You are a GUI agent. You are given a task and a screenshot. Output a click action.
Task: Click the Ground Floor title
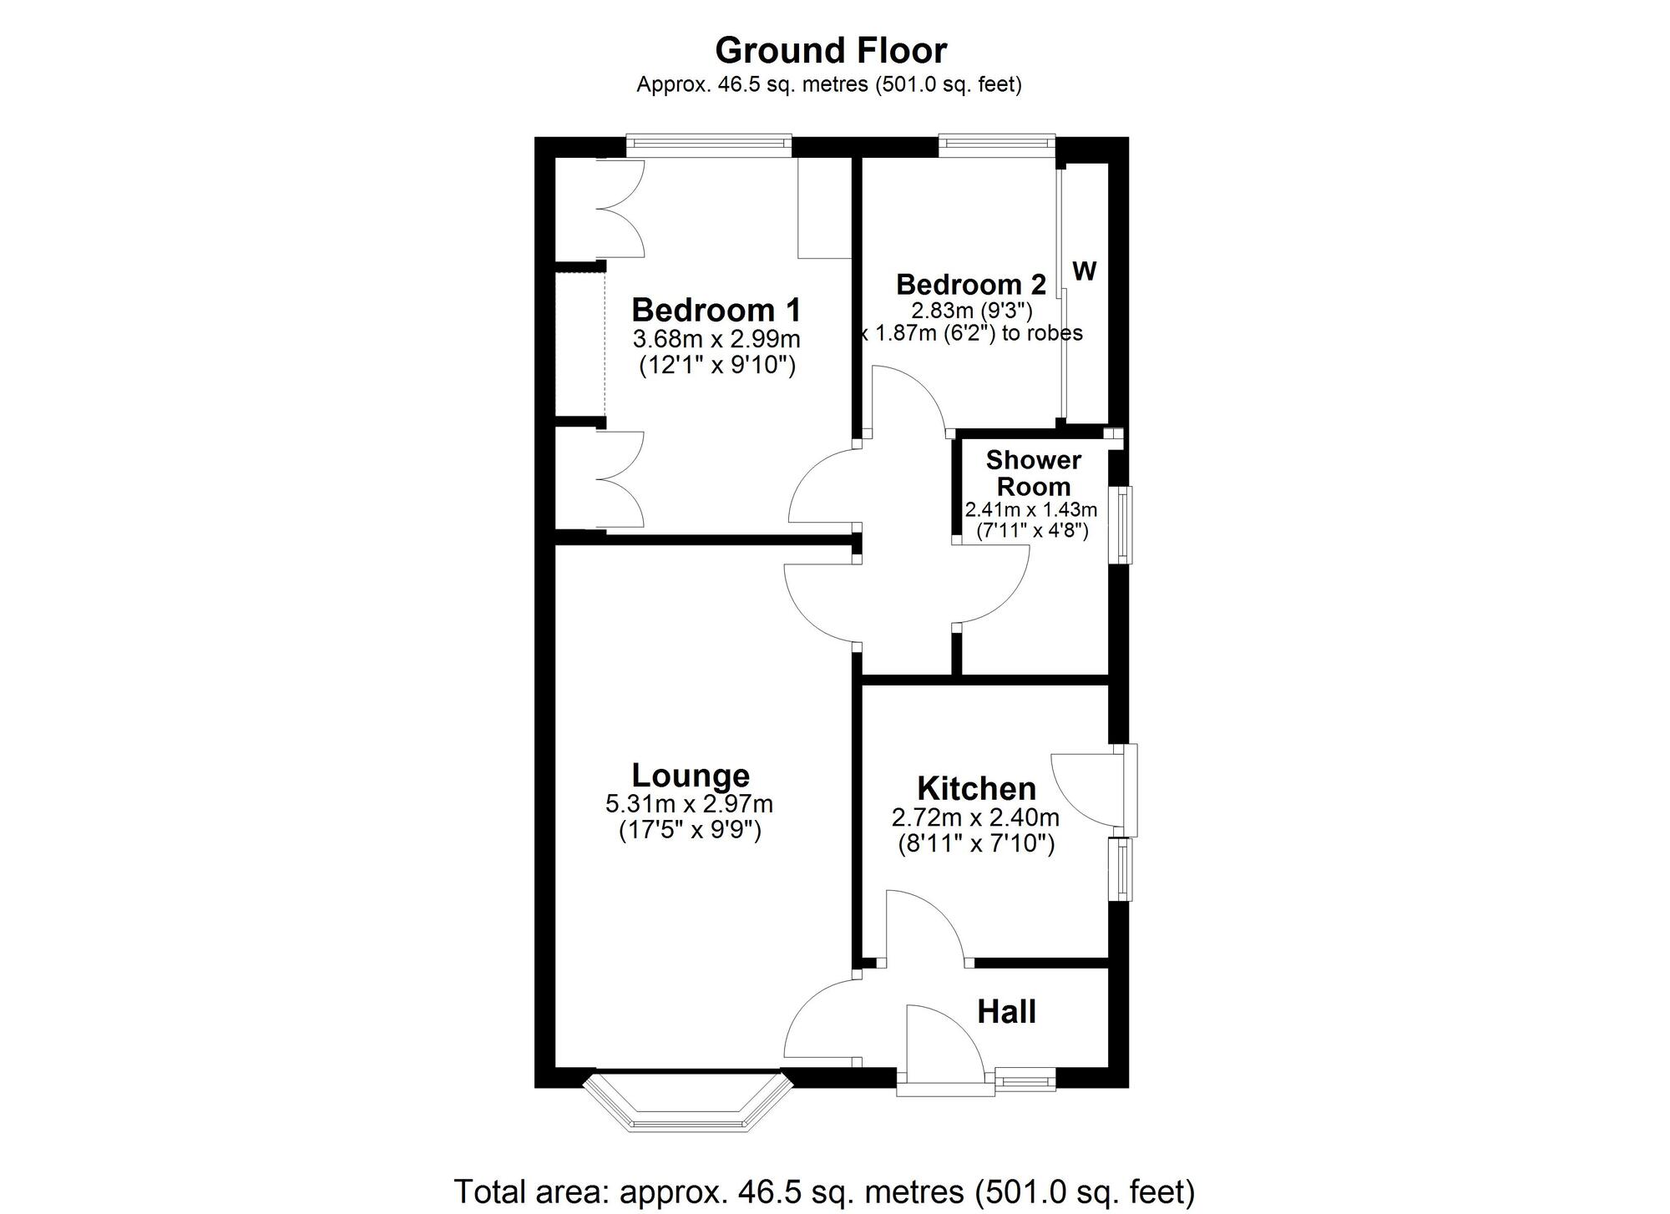pos(831,51)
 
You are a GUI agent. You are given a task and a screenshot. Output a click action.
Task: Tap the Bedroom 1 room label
pos(716,310)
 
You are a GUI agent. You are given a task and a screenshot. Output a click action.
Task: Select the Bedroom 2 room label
pos(970,285)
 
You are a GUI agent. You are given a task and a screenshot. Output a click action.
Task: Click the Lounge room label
pos(691,776)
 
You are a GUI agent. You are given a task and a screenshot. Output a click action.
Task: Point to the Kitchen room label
pos(976,789)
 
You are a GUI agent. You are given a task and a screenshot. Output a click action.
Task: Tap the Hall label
pos(1006,1012)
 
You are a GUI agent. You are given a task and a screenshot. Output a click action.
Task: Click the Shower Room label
pos(1033,473)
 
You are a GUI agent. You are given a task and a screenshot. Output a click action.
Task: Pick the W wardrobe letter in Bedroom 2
pos(1084,271)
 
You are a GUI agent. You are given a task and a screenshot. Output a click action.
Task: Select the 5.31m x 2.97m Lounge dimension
pos(689,804)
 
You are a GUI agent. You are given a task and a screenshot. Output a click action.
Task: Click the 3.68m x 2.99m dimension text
pos(716,340)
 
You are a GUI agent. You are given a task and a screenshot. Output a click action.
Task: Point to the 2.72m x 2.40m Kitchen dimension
pos(975,817)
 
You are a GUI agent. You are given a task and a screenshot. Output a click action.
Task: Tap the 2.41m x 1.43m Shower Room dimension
pos(1030,509)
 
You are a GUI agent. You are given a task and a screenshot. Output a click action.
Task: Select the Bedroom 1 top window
pos(709,144)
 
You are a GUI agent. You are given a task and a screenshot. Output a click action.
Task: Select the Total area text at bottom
pos(823,1190)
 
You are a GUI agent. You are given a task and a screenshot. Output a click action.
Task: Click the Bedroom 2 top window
pos(996,144)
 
